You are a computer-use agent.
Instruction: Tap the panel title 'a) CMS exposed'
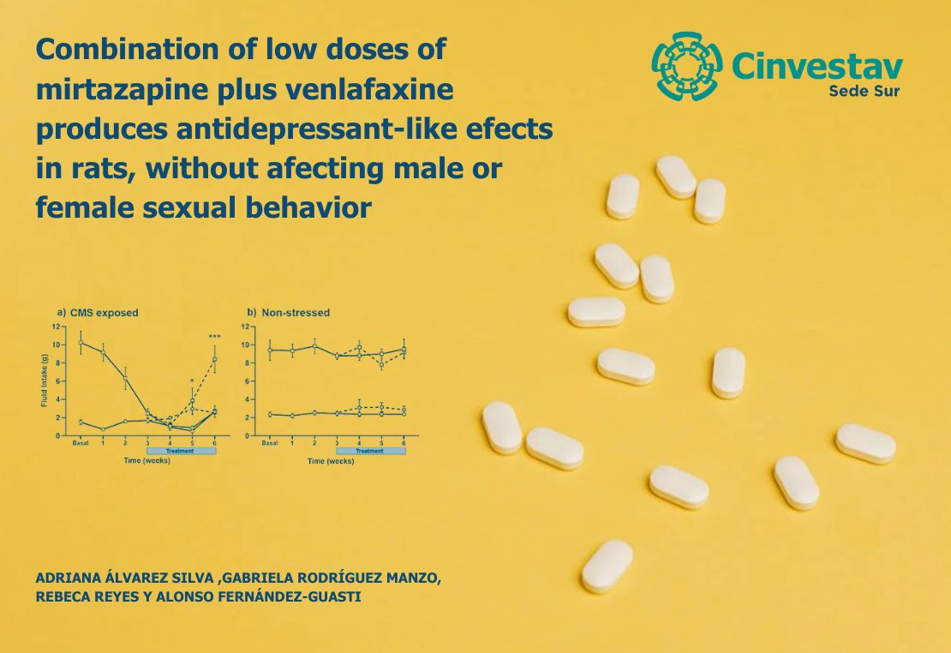pos(98,313)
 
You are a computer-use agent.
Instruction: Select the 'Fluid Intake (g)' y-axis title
pos(44,380)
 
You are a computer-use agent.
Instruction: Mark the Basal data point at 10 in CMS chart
pos(81,343)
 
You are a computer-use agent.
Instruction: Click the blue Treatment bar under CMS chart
pos(181,451)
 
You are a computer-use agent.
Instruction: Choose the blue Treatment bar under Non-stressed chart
pos(369,451)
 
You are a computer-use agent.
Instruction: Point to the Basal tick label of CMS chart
pos(81,442)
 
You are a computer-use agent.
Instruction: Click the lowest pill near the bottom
pos(607,566)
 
